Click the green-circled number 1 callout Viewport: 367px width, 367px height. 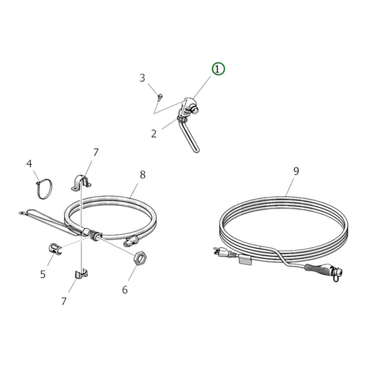coord(218,69)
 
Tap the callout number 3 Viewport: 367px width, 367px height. coord(143,78)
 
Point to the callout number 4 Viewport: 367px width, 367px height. coord(30,164)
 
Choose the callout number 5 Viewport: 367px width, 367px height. coord(43,274)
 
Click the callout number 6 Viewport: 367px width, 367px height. coord(125,290)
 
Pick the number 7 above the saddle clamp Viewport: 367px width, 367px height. coord(96,151)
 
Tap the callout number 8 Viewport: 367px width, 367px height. coord(143,175)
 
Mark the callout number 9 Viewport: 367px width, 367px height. coord(296,171)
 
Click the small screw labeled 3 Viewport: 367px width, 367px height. coord(158,96)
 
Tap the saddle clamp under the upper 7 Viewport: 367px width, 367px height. coord(82,181)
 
